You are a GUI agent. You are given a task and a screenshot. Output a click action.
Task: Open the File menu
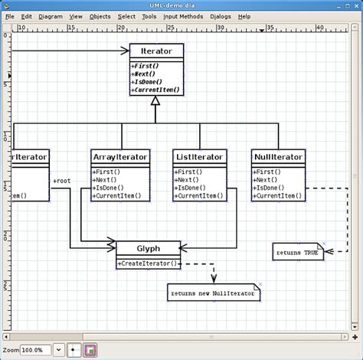(x=10, y=16)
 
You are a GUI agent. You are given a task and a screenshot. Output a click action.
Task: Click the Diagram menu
(x=51, y=16)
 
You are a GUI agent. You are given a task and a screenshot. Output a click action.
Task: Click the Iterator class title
(x=156, y=51)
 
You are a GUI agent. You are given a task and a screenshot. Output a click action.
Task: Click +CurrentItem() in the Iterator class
(x=156, y=90)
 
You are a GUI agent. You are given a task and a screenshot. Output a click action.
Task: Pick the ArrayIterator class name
(x=119, y=157)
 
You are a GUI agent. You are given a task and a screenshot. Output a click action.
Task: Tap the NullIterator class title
(x=277, y=157)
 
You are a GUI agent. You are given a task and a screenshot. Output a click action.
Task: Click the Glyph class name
(x=149, y=247)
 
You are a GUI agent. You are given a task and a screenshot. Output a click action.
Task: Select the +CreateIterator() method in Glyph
(x=147, y=263)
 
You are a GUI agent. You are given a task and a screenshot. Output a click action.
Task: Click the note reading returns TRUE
(x=298, y=251)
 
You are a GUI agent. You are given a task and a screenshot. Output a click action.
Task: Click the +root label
(x=62, y=181)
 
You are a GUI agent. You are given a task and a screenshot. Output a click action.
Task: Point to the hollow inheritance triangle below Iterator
(x=155, y=100)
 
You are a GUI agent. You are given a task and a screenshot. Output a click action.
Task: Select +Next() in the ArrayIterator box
(x=106, y=181)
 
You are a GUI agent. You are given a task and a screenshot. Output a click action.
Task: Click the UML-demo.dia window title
(x=181, y=5)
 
